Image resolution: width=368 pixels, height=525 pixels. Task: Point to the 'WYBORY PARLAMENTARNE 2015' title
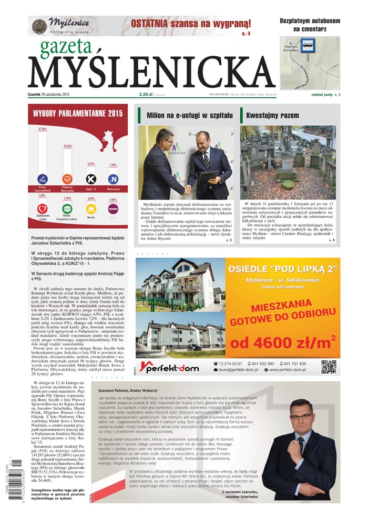click(x=78, y=113)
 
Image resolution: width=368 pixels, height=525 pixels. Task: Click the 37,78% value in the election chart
click(x=43, y=129)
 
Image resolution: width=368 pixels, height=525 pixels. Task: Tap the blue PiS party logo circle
click(x=43, y=179)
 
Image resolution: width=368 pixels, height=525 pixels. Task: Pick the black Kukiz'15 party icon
click(x=91, y=179)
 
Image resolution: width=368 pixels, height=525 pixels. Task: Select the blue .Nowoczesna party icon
click(x=113, y=179)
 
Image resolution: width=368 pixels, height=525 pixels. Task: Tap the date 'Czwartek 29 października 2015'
click(x=56, y=95)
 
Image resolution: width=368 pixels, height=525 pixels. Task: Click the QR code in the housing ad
click(x=329, y=367)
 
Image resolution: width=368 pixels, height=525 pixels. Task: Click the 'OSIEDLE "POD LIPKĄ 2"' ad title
click(x=282, y=269)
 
